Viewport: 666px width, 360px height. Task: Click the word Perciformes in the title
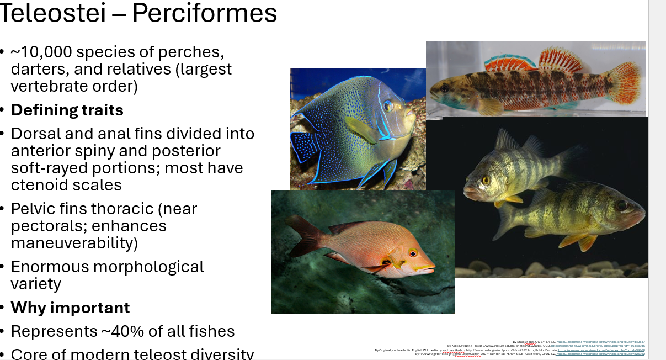click(204, 13)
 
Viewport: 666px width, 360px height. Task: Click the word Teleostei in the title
click(53, 13)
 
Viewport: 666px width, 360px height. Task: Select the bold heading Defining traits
click(67, 110)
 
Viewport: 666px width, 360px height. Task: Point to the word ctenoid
click(41, 185)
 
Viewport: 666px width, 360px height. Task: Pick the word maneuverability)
click(74, 243)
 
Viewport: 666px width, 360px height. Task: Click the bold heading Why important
click(70, 308)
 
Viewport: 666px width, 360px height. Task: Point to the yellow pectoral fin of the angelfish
click(359, 130)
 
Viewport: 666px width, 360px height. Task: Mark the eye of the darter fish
click(445, 88)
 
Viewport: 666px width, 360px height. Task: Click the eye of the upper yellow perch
click(486, 180)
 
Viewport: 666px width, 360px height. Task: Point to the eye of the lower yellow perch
click(622, 206)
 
